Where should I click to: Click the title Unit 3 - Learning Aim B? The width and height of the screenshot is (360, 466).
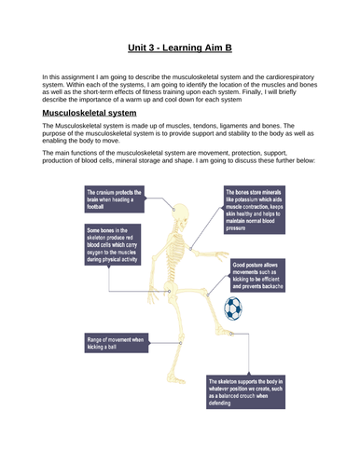[x=180, y=45]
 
